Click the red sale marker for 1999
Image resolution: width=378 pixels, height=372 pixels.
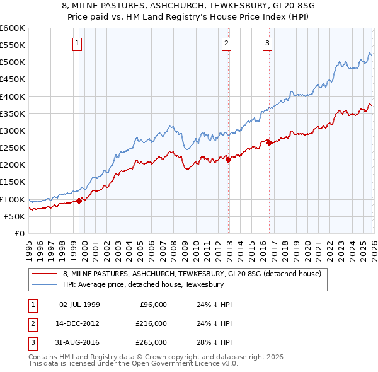pos(79,201)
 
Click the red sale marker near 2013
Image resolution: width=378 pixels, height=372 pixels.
pos(229,160)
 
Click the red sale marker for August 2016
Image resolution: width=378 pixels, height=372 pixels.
pos(270,142)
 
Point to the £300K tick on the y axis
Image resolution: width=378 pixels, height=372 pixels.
pos(13,131)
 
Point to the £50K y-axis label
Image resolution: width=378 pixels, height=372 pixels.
pos(14,216)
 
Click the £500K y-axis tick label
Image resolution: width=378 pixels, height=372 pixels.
pos(13,62)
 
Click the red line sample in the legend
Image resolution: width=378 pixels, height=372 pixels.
pos(45,274)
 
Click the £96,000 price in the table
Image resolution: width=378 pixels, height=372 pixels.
pos(152,304)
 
